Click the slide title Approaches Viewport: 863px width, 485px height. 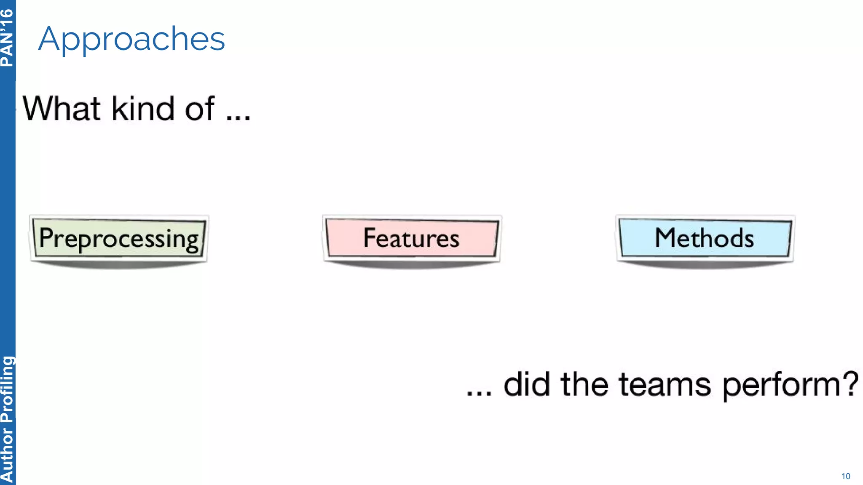pyautogui.click(x=131, y=39)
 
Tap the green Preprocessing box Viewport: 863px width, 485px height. pyautogui.click(x=119, y=238)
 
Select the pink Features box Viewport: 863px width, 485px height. pyautogui.click(x=412, y=238)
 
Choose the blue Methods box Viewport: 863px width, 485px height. pyautogui.click(x=705, y=238)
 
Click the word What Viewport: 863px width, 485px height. pyautogui.click(x=62, y=109)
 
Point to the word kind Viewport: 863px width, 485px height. pyautogui.click(x=143, y=109)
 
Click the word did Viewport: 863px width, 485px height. pyautogui.click(x=526, y=384)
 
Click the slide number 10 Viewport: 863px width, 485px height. pyautogui.click(x=846, y=476)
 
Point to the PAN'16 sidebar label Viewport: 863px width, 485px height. pyautogui.click(x=7, y=38)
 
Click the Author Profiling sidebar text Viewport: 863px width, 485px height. pyautogui.click(x=7, y=419)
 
